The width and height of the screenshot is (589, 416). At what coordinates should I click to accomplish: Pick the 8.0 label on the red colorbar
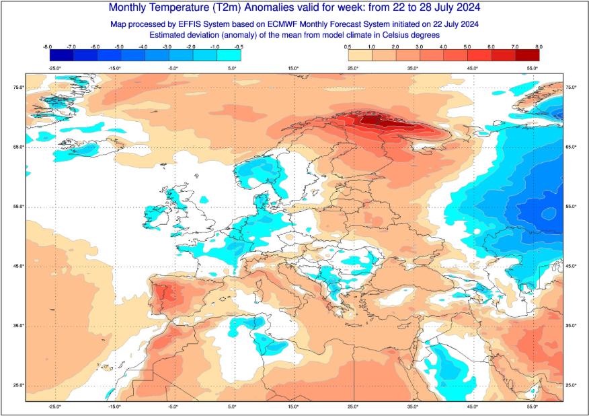point(539,46)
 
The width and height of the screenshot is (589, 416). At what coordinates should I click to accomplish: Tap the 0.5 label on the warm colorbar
point(348,46)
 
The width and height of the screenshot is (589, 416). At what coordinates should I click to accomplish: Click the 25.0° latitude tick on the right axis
point(572,385)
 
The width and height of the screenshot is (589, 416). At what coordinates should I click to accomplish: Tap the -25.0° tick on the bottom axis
point(55,407)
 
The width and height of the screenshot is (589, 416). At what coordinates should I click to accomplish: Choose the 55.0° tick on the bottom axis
point(533,407)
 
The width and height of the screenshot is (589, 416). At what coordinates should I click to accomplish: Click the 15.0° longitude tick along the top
point(294,68)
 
